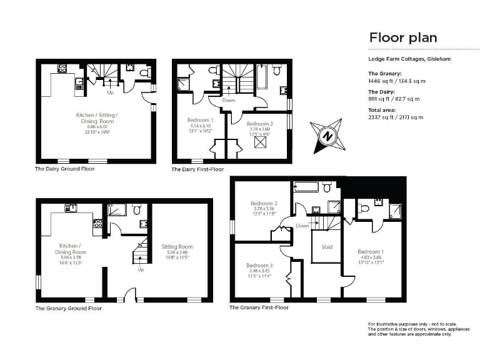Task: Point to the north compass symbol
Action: pyautogui.click(x=326, y=134)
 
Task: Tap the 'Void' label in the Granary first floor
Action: pyautogui.click(x=327, y=246)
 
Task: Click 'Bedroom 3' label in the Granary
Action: pyautogui.click(x=262, y=265)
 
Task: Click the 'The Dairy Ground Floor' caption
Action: pyautogui.click(x=66, y=169)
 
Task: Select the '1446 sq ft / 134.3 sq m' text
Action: pyautogui.click(x=394, y=81)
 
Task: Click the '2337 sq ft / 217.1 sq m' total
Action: pyautogui.click(x=396, y=117)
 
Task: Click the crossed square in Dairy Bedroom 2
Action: pyautogui.click(x=259, y=141)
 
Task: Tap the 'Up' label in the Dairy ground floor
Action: pyautogui.click(x=110, y=92)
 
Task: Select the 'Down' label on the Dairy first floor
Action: pyautogui.click(x=229, y=100)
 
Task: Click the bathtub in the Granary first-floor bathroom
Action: pyautogui.click(x=306, y=186)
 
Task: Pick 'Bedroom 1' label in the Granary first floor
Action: pyautogui.click(x=369, y=251)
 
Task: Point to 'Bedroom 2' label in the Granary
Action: pyautogui.click(x=264, y=203)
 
